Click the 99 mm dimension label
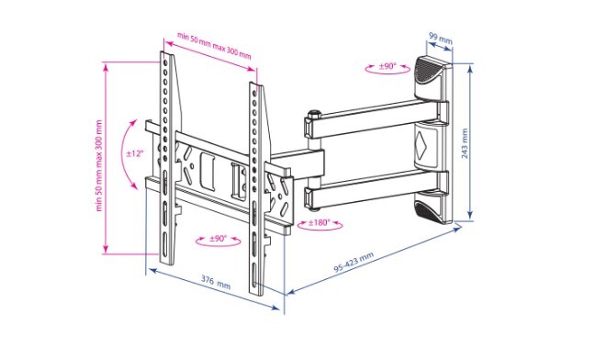point(441,38)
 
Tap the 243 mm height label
point(465,143)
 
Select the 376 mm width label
point(216,282)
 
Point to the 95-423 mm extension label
point(354,262)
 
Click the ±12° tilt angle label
point(135,153)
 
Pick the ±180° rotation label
point(320,222)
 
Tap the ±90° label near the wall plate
point(387,66)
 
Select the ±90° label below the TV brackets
point(218,239)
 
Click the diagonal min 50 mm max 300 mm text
point(214,46)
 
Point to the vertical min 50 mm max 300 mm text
point(99,166)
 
